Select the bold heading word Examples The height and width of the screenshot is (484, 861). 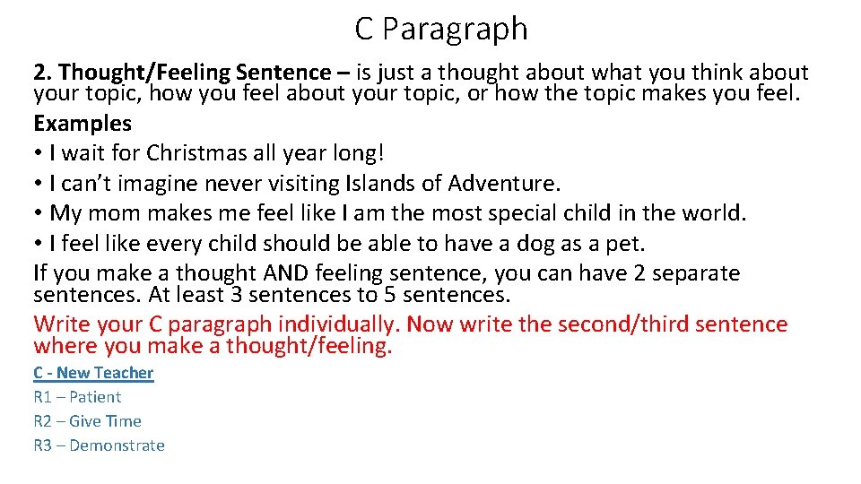[x=83, y=123]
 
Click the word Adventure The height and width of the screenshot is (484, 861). [x=504, y=184]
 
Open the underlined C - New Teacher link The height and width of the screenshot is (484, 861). [x=93, y=373]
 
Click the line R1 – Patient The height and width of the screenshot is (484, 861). [x=77, y=397]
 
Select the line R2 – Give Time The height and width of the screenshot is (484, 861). [x=87, y=421]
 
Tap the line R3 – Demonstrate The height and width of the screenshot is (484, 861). [x=99, y=445]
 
